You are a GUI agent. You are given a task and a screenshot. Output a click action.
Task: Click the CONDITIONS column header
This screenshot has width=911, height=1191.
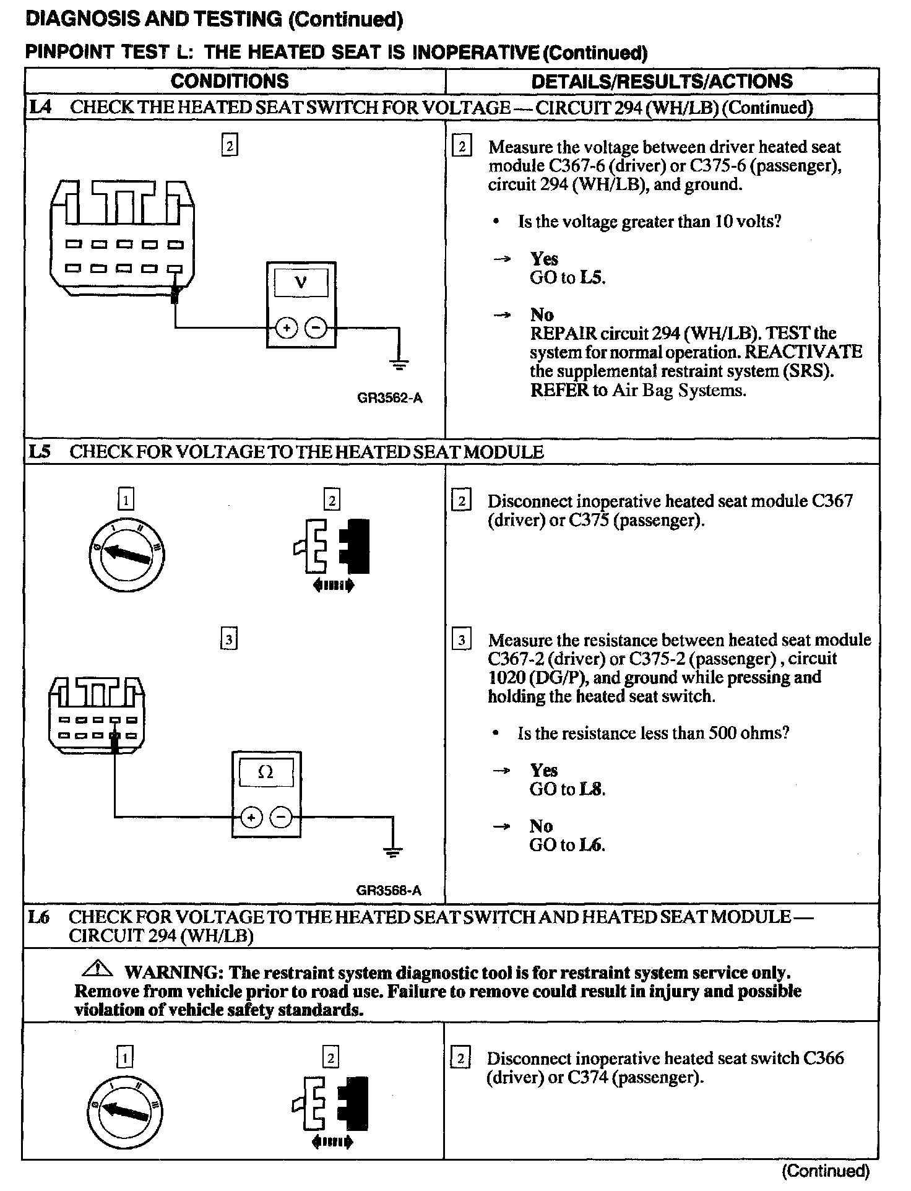(230, 81)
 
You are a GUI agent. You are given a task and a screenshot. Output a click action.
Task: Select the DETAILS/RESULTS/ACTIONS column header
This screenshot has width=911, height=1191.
(662, 81)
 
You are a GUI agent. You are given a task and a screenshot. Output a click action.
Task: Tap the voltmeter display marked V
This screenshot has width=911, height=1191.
(301, 283)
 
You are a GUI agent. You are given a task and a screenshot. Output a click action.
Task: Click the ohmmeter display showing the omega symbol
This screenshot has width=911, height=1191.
(266, 772)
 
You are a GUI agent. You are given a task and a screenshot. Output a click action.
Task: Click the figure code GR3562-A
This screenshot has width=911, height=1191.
(390, 398)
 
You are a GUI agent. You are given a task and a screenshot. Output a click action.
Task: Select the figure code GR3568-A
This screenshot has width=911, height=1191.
(389, 890)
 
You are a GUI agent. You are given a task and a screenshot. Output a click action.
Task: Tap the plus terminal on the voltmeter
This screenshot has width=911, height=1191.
(285, 329)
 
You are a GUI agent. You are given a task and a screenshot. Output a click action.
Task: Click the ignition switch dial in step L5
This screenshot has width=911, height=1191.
(127, 553)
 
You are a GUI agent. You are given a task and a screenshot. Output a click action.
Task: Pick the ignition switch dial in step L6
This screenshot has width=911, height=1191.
(125, 1112)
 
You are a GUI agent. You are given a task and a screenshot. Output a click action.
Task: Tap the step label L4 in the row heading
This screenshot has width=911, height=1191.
(41, 107)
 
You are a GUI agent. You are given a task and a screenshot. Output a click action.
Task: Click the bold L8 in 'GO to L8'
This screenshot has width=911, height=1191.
(592, 789)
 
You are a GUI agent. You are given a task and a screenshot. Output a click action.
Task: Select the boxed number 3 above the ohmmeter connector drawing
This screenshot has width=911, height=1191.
(229, 639)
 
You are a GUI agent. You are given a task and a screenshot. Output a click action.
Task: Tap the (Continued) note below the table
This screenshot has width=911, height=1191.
(826, 1170)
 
